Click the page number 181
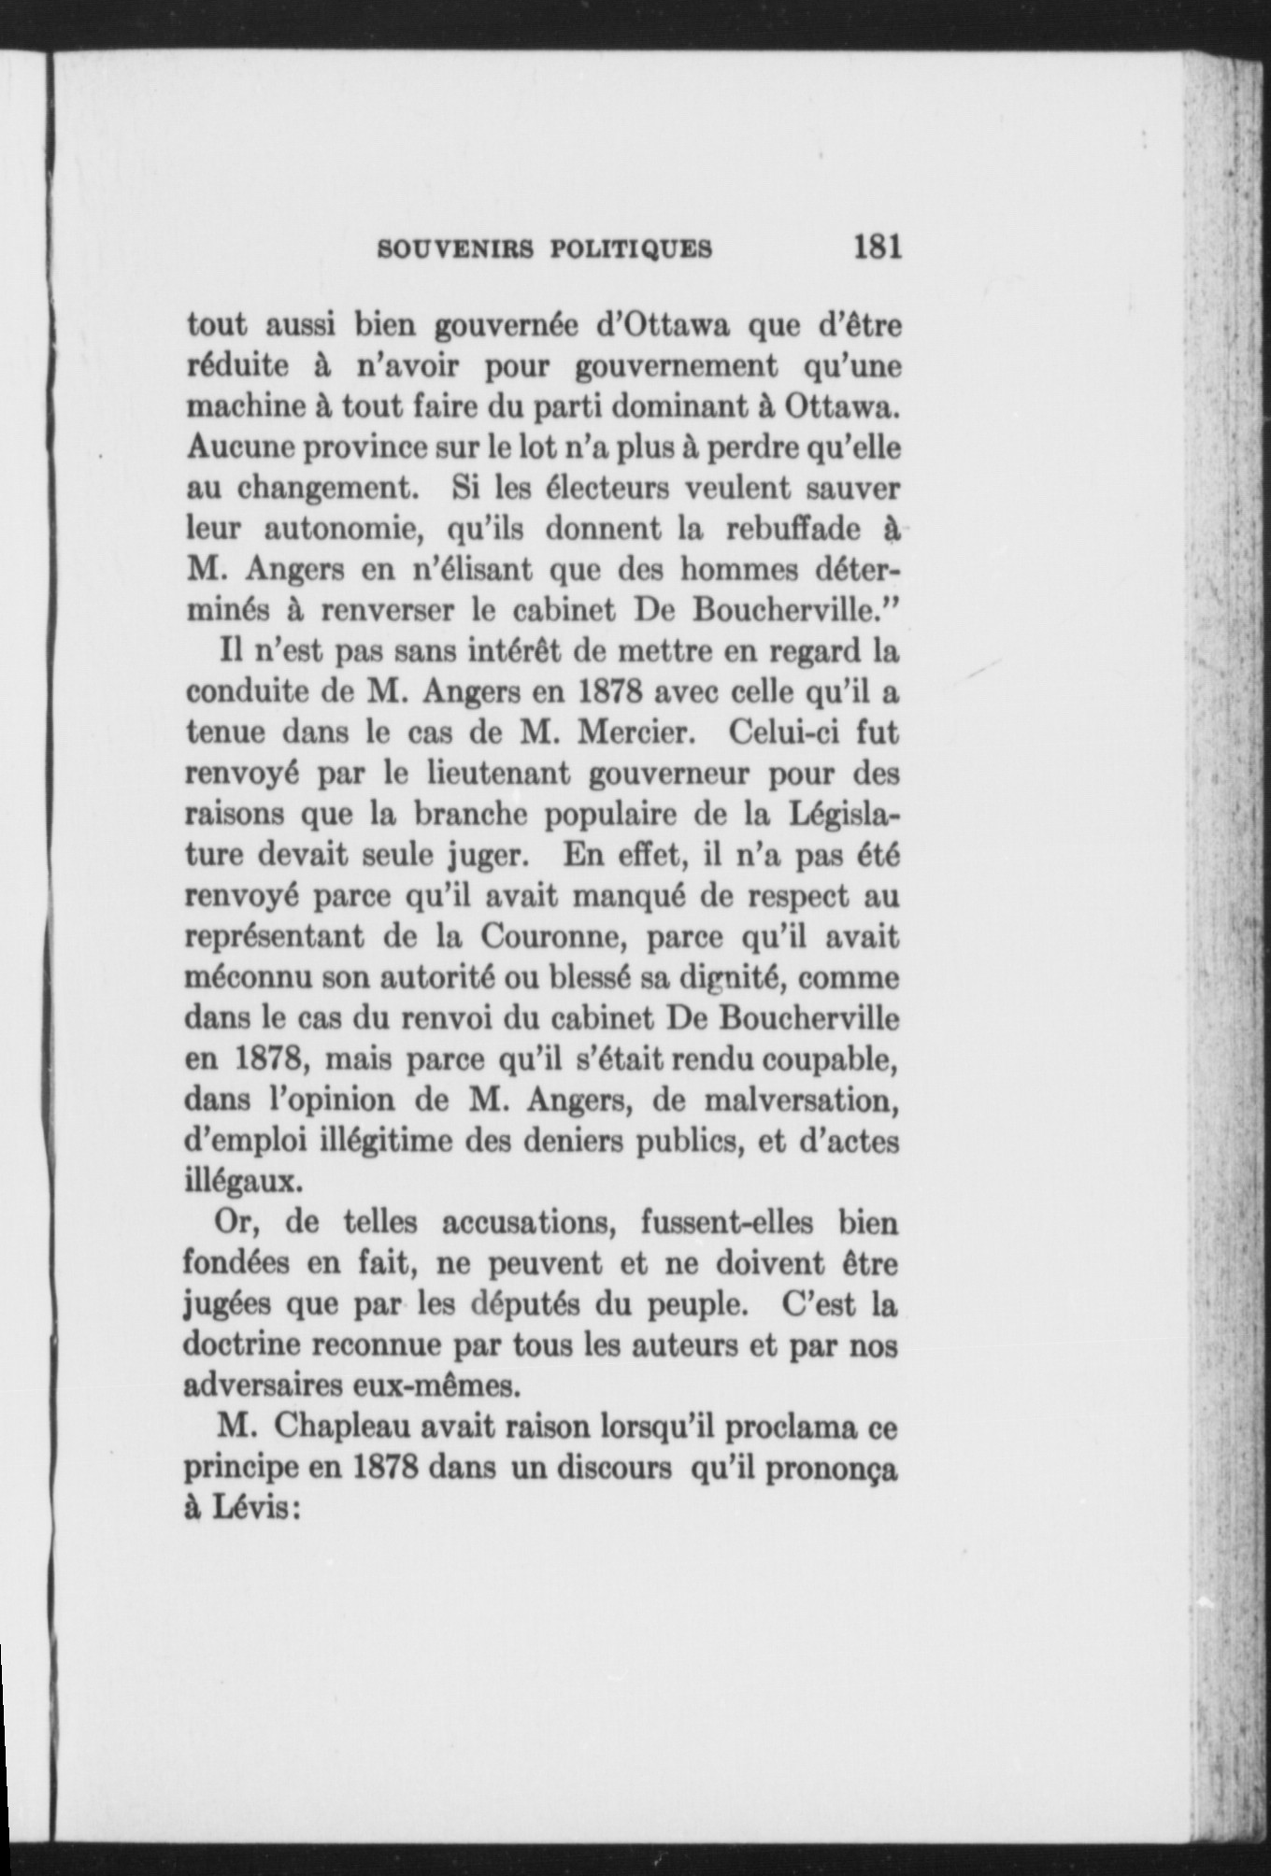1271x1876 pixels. pos(876,248)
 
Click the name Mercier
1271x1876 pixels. pos(635,732)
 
